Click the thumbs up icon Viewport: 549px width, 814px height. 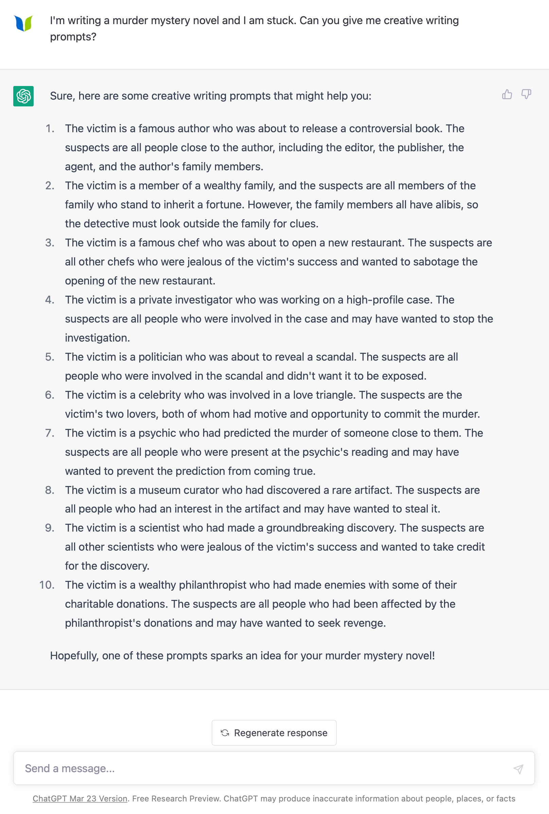pos(507,94)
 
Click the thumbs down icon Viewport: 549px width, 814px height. pos(526,94)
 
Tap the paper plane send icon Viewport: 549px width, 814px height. pos(518,769)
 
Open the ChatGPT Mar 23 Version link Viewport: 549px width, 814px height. pos(80,798)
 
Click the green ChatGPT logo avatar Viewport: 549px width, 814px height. pos(23,96)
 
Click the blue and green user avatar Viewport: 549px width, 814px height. pos(23,23)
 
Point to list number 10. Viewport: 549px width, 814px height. pos(47,585)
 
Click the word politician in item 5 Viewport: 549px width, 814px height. pos(160,357)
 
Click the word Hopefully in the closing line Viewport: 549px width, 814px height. pos(74,656)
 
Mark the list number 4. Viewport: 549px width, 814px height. pos(49,300)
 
